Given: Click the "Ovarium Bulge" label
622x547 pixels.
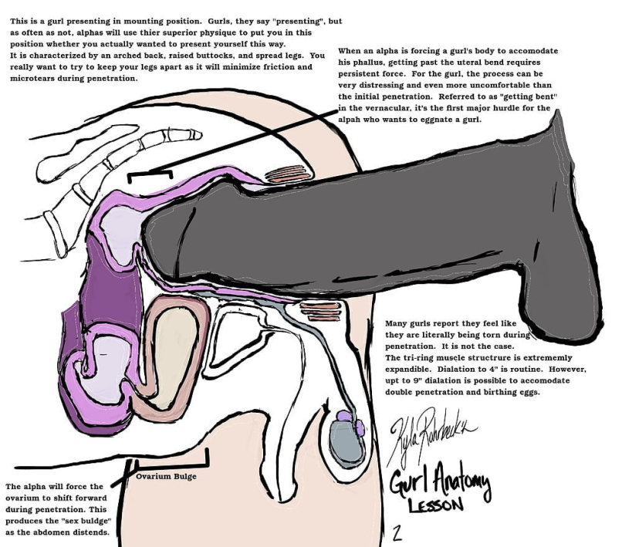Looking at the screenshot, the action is pyautogui.click(x=166, y=476).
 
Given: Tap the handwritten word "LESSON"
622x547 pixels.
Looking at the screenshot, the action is pyautogui.click(x=435, y=505).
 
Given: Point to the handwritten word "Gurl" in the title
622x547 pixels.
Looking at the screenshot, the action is pyautogui.click(x=409, y=481).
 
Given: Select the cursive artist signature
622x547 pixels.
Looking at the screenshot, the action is pyautogui.click(x=431, y=432).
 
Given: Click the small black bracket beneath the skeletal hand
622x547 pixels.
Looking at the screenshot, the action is pyautogui.click(x=150, y=174).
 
